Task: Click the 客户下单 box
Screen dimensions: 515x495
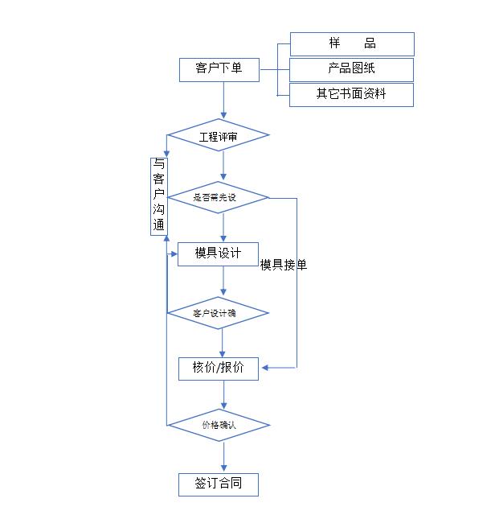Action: pyautogui.click(x=219, y=69)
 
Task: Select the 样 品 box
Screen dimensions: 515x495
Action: pyautogui.click(x=352, y=43)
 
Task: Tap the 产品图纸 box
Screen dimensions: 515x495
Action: pyautogui.click(x=352, y=69)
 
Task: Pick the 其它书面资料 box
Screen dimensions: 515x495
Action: pyautogui.click(x=352, y=94)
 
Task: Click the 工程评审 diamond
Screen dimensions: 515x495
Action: pyautogui.click(x=219, y=137)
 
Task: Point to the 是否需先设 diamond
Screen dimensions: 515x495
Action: pyautogui.click(x=219, y=197)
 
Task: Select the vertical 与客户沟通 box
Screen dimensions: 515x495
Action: pyautogui.click(x=158, y=196)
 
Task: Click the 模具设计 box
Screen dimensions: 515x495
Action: pyautogui.click(x=219, y=253)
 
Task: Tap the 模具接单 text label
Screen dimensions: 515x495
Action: pyautogui.click(x=284, y=264)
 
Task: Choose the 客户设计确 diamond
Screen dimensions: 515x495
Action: pyautogui.click(x=219, y=312)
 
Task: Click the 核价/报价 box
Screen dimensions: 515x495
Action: pyautogui.click(x=219, y=368)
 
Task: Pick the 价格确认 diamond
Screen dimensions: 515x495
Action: pyautogui.click(x=219, y=424)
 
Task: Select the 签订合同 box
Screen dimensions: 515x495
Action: pyautogui.click(x=219, y=484)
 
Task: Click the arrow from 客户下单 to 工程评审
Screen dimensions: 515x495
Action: pyautogui.click(x=223, y=101)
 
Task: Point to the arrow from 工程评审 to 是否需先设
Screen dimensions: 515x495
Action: pyautogui.click(x=223, y=165)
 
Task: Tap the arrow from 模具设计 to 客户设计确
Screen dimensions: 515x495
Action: pyautogui.click(x=223, y=282)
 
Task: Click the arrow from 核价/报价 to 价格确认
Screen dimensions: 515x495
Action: pyautogui.click(x=223, y=394)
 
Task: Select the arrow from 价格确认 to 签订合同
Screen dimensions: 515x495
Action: pyautogui.click(x=223, y=456)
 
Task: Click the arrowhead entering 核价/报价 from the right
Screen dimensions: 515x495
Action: pyautogui.click(x=266, y=368)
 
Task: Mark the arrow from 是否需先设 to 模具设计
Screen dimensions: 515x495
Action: pyautogui.click(x=223, y=227)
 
